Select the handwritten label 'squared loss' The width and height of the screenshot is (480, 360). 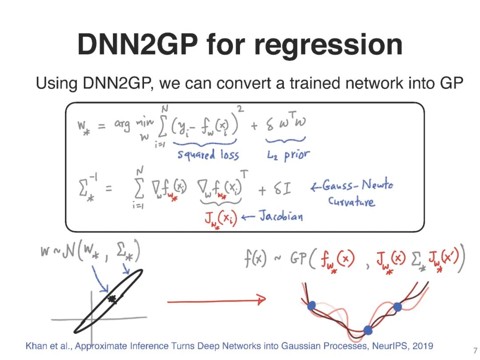click(x=208, y=154)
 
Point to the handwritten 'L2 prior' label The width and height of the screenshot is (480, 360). click(x=287, y=154)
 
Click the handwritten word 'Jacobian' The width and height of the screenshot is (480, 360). click(x=281, y=216)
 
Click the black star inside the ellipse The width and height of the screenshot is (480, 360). click(x=112, y=299)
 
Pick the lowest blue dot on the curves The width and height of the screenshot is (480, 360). click(x=368, y=330)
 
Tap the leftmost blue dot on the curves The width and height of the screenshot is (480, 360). click(x=312, y=305)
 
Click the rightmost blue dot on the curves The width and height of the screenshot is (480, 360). click(x=397, y=307)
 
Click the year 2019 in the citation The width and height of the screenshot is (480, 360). click(x=422, y=346)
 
